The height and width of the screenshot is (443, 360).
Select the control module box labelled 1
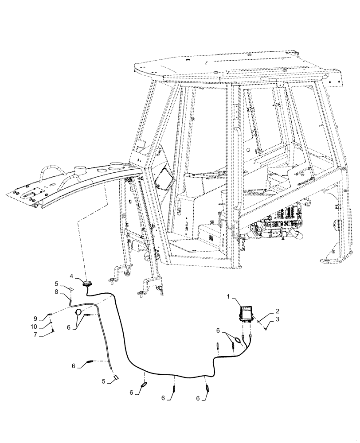[x=246, y=313]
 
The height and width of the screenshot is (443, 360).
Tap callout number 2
[x=265, y=312]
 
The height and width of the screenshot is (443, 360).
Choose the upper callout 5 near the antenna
[x=57, y=283]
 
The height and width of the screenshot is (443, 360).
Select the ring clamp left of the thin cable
[x=78, y=312]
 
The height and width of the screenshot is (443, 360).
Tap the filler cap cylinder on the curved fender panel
[x=80, y=170]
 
